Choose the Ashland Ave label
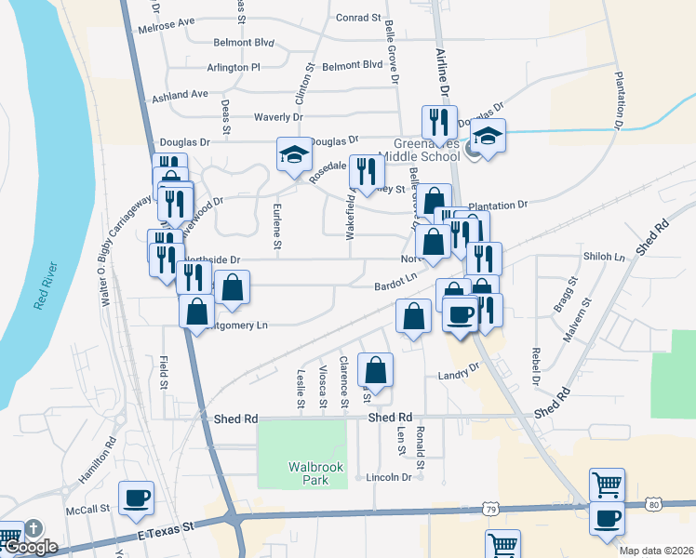point(181,94)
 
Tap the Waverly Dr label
point(278,117)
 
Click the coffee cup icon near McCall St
point(136,497)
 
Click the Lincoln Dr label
point(389,477)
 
